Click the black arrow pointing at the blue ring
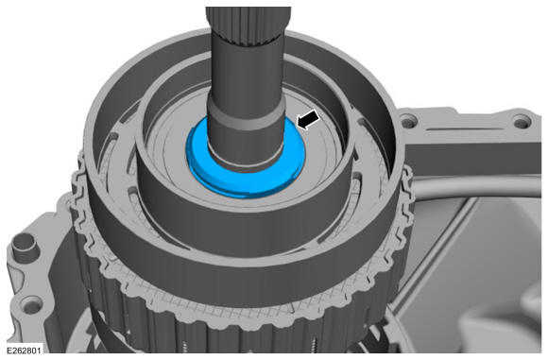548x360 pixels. click(308, 120)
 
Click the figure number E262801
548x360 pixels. click(24, 351)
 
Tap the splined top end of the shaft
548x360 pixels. click(248, 25)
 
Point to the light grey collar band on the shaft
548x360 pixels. click(248, 118)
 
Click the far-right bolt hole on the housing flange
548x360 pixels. click(521, 123)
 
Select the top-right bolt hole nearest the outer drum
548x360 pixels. click(408, 123)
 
